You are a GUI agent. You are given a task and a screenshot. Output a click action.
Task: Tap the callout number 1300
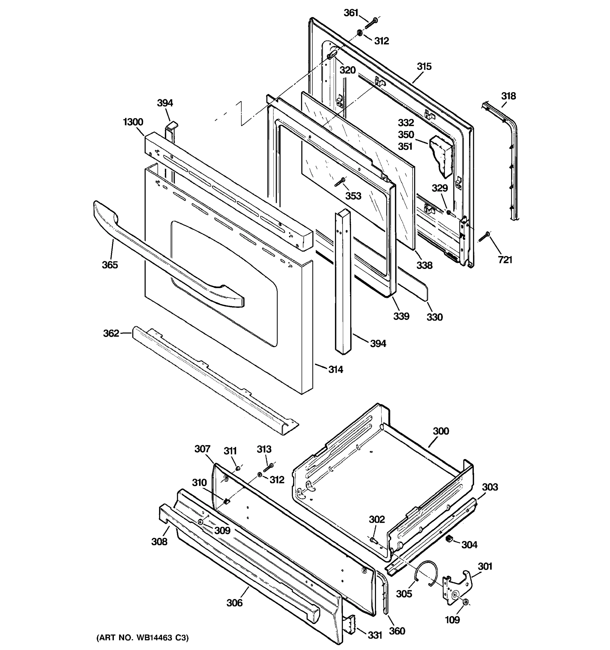click(x=133, y=122)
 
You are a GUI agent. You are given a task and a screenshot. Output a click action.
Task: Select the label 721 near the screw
click(x=505, y=260)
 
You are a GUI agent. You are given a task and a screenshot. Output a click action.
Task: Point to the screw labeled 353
click(x=340, y=183)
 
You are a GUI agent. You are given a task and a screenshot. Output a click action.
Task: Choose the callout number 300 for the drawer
click(x=441, y=431)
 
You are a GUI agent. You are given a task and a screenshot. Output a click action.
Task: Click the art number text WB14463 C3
click(x=142, y=638)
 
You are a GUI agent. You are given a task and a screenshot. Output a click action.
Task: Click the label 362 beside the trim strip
click(x=111, y=333)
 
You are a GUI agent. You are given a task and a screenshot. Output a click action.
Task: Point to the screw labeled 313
click(x=269, y=467)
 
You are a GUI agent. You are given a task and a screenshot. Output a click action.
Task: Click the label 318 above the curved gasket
click(x=508, y=96)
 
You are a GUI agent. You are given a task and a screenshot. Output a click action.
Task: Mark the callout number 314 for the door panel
click(x=335, y=369)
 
